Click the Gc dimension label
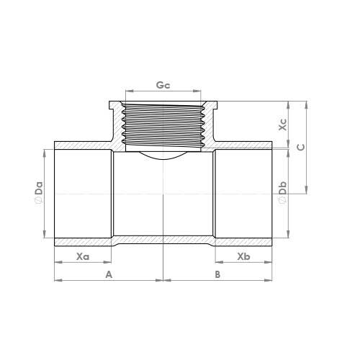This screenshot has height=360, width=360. pos(163,85)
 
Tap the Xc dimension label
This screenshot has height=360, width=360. pos(283,125)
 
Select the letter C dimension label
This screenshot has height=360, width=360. pos(301,147)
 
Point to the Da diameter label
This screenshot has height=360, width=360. pos(39,188)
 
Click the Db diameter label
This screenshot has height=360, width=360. pos(283,188)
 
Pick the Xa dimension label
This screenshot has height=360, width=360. pos(83,257)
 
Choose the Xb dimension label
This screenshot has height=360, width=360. pos(243,256)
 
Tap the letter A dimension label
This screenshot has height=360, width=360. pos(109,274)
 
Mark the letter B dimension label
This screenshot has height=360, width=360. pos(217,274)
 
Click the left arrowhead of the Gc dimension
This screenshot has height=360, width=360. pos(129,91)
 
